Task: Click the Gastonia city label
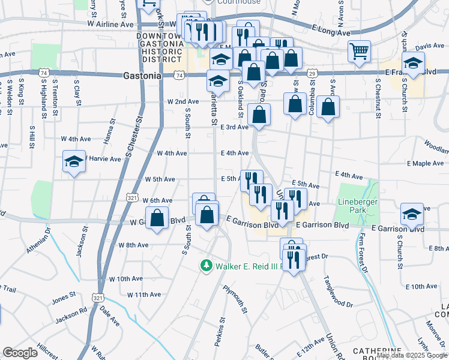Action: pos(142,76)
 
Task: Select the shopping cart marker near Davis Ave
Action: pos(360,52)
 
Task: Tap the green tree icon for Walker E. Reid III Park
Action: pos(206,265)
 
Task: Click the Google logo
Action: pos(20,353)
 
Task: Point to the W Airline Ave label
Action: pos(111,24)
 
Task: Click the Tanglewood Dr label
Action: pos(337,292)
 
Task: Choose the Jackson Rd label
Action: pos(71,317)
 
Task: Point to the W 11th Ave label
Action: pos(144,295)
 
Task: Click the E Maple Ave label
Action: pos(425,163)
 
